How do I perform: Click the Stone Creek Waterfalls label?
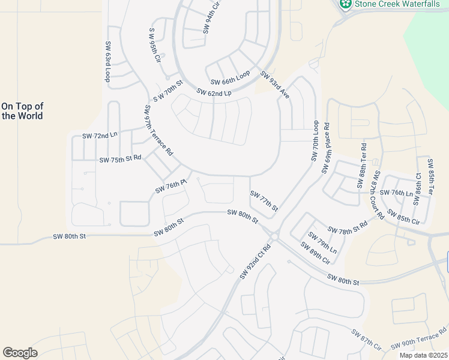[397, 4]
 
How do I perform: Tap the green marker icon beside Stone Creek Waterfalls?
[345, 4]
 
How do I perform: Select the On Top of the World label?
[22, 111]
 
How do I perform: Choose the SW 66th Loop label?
[230, 79]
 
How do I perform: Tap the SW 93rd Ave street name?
[275, 86]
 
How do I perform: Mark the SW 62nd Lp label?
[214, 92]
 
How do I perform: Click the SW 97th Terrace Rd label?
[158, 131]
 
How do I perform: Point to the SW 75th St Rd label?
[120, 159]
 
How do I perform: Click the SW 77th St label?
[264, 200]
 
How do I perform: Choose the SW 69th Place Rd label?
[326, 148]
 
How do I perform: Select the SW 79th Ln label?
[322, 242]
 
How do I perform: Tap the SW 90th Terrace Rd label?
[419, 339]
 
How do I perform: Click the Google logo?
[20, 353]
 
